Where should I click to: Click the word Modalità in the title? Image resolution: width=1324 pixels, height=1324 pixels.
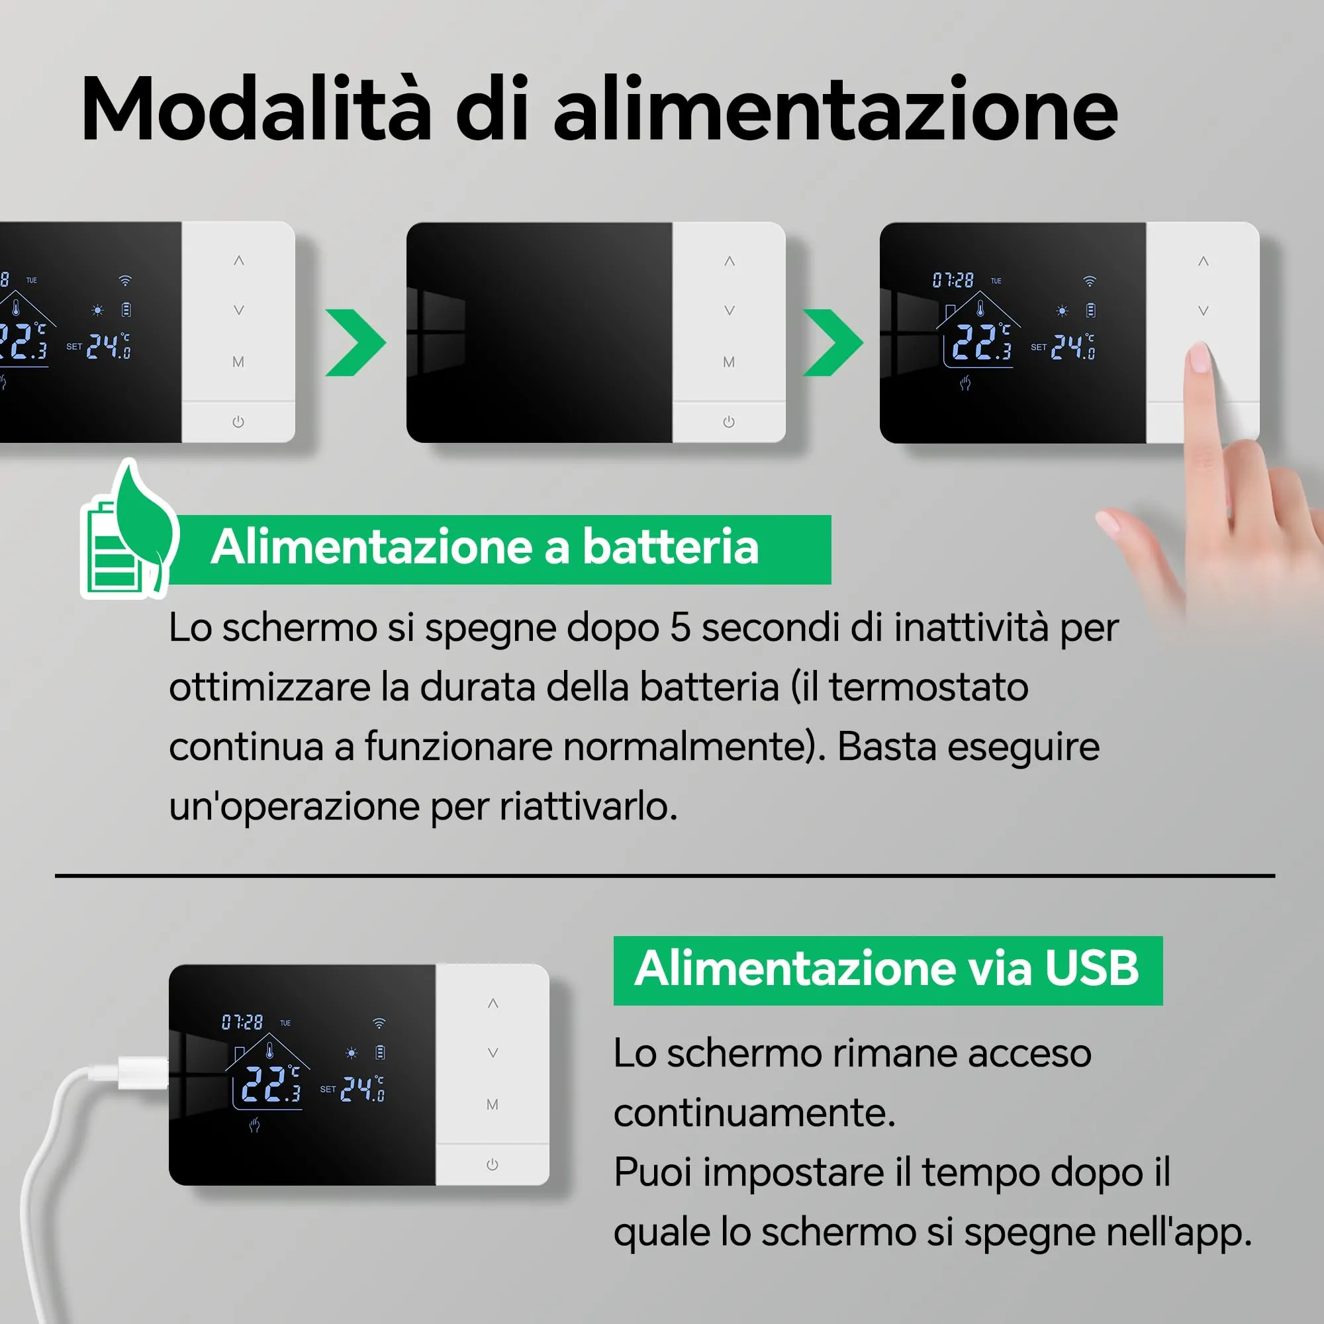[x=256, y=110]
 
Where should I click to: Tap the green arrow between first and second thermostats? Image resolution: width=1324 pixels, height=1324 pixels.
[x=356, y=343]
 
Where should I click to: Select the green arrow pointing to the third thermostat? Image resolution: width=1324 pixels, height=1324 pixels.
[x=833, y=343]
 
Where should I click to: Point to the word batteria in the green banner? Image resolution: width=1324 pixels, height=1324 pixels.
[x=670, y=547]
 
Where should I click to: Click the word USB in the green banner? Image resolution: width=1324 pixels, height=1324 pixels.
[x=1092, y=969]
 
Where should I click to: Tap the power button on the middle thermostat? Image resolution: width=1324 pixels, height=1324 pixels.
[x=728, y=422]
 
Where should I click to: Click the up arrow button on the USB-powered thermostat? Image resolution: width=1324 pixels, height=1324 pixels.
[x=493, y=1004]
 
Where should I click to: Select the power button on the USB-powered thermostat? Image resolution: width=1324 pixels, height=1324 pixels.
[x=492, y=1165]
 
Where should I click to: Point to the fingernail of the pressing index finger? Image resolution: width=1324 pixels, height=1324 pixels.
[x=1200, y=357]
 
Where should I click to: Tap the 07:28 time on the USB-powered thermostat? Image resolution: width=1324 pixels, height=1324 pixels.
[x=242, y=1023]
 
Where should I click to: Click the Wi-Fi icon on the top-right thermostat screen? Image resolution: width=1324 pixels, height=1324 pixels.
[x=1090, y=281]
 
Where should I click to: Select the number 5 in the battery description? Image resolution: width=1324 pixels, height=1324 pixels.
[x=680, y=627]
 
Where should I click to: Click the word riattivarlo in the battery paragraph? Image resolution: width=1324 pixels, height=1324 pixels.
[x=589, y=806]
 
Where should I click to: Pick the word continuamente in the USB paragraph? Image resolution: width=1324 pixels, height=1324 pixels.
[x=755, y=1113]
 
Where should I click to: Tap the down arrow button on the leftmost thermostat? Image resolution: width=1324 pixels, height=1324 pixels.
[x=238, y=310]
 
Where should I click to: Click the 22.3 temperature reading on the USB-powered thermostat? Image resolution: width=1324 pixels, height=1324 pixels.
[x=271, y=1084]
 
